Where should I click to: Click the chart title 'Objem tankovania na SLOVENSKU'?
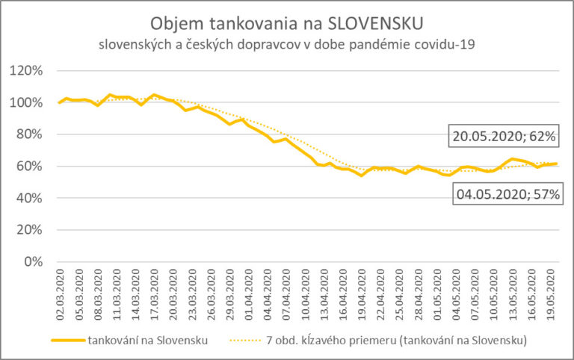point(287,22)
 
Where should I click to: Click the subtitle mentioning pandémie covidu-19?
point(287,44)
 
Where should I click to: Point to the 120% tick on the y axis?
point(28,71)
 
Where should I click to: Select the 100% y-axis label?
point(28,102)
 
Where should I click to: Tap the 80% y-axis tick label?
point(31,134)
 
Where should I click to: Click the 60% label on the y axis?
point(31,167)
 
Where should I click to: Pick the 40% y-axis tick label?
point(31,198)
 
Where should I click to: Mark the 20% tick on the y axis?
point(31,230)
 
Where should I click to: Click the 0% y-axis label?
point(34,262)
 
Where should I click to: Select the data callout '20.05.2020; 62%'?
point(503,137)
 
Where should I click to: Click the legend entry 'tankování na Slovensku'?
point(146,341)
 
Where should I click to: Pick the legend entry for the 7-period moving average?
point(395,341)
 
